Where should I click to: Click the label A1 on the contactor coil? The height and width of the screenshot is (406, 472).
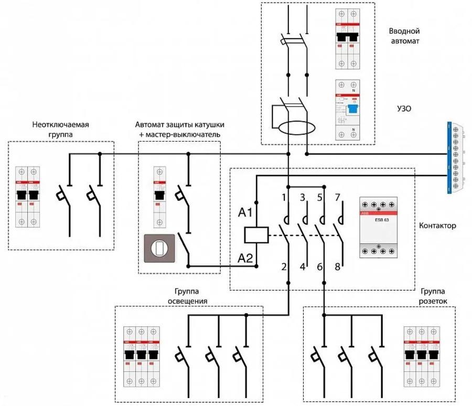click(x=245, y=213)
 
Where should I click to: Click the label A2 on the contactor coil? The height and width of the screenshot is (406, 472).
click(x=245, y=258)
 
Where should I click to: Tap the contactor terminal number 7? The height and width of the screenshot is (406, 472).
click(x=338, y=198)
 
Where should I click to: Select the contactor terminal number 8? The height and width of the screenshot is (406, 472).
click(x=338, y=266)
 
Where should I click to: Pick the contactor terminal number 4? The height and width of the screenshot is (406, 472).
click(x=303, y=266)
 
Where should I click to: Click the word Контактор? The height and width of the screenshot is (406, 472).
click(x=437, y=227)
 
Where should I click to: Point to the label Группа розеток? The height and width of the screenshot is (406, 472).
click(x=433, y=296)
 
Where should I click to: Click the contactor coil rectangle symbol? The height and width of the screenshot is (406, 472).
click(x=257, y=236)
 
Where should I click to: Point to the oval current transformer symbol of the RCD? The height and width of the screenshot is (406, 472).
click(x=296, y=128)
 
